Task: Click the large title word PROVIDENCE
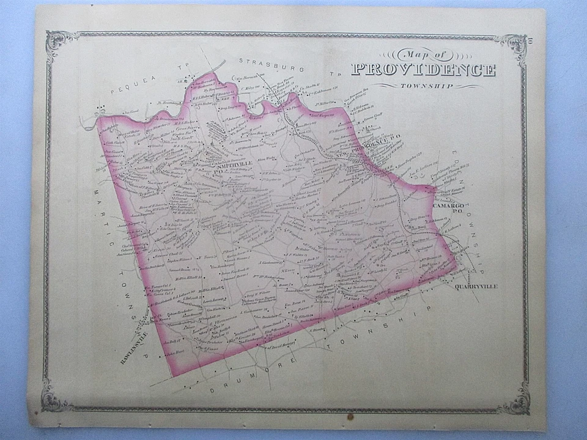[x=423, y=70]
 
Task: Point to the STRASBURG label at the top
[x=265, y=62]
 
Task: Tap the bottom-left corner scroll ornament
[x=56, y=398]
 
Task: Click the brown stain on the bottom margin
[x=350, y=417]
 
